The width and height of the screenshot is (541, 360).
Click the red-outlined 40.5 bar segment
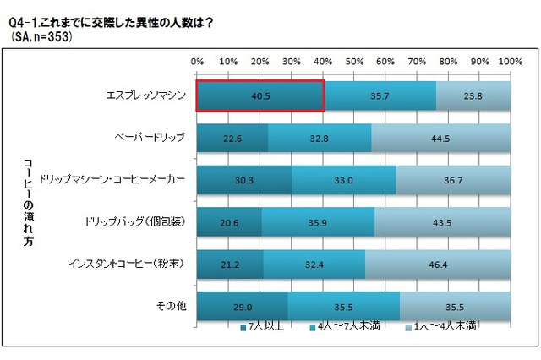click(260, 95)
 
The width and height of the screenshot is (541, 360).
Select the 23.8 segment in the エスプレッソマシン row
click(473, 95)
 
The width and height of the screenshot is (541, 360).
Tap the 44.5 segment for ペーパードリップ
click(440, 137)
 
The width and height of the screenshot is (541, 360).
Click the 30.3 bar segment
click(244, 179)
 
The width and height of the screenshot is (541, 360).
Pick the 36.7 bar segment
click(453, 179)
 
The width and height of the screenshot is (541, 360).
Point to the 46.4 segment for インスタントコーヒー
click(438, 264)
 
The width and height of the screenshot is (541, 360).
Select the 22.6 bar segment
click(232, 137)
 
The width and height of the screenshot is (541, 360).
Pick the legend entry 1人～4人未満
click(434, 326)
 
